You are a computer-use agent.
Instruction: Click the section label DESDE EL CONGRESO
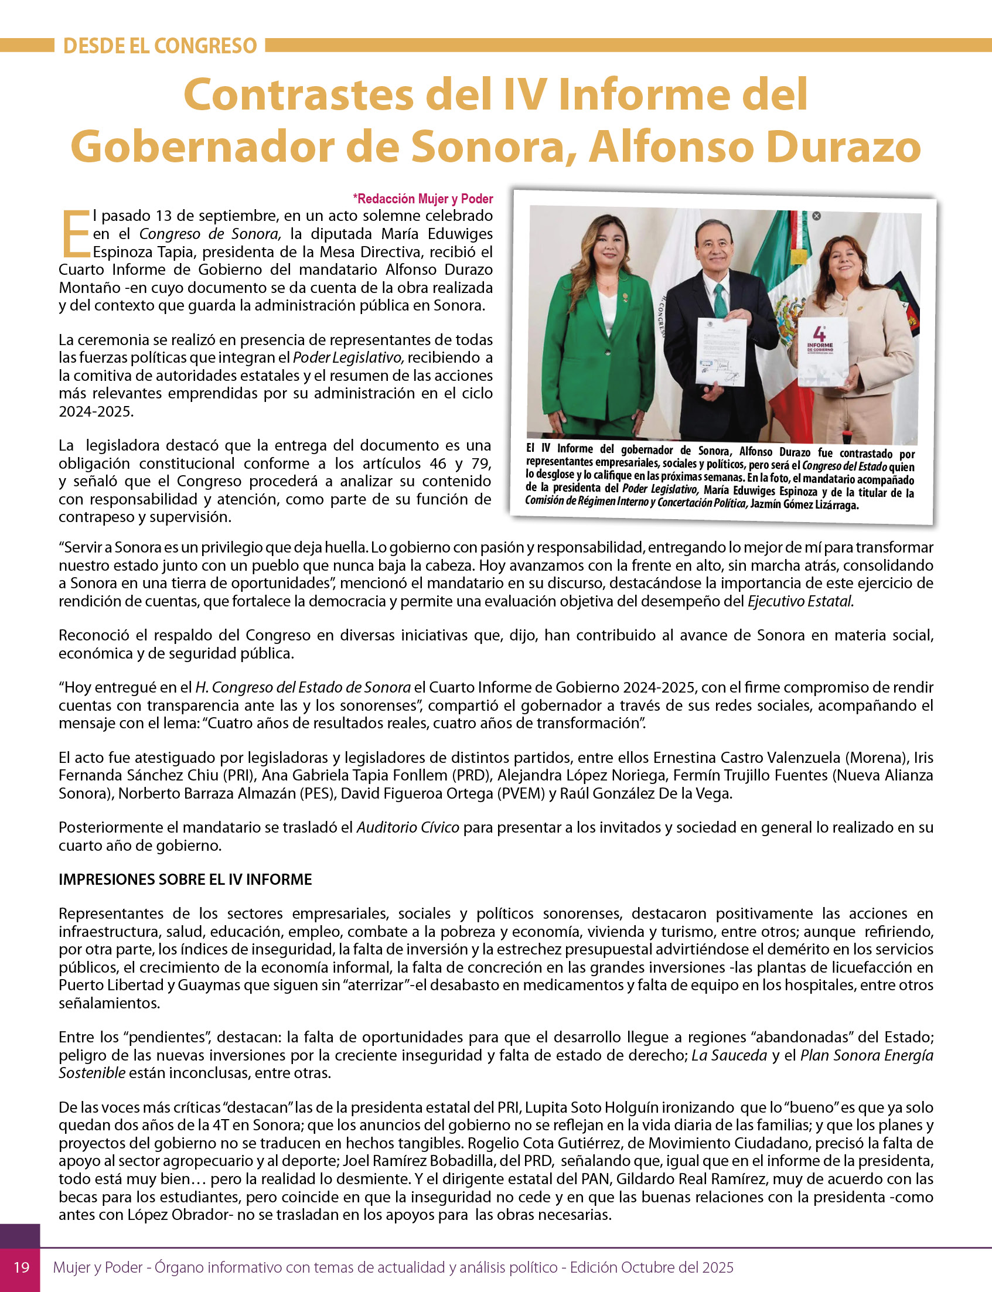[159, 46]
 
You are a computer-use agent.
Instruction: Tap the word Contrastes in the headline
[298, 94]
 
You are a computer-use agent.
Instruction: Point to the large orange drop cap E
[74, 234]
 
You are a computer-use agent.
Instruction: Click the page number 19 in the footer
[21, 1267]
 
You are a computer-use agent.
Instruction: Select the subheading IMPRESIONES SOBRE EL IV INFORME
[185, 879]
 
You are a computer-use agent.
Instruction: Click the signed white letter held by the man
[720, 352]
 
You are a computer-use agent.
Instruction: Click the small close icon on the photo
[817, 216]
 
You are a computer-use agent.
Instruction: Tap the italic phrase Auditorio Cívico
[407, 827]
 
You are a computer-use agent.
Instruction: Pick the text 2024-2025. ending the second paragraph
[96, 411]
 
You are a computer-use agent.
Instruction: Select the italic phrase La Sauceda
[729, 1055]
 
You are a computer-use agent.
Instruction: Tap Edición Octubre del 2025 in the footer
[652, 1267]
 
